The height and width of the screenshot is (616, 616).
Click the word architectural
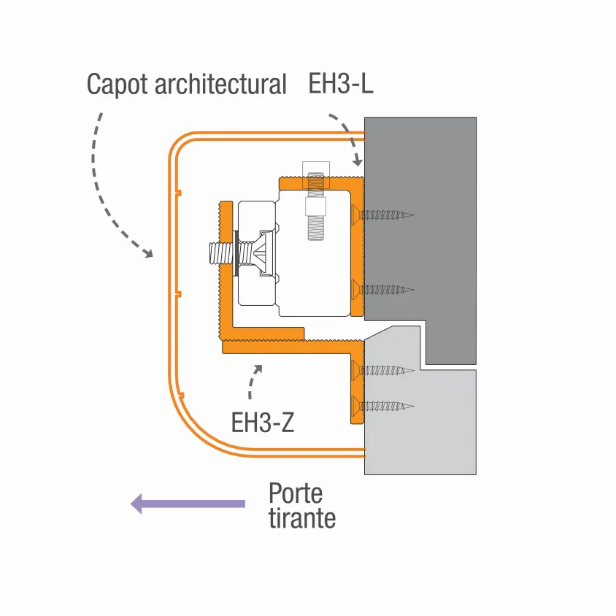(x=221, y=85)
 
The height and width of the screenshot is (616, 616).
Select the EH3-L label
(x=341, y=83)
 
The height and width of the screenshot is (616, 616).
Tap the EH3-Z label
(x=263, y=423)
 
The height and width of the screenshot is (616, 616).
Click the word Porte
(x=296, y=493)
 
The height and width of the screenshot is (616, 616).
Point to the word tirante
(x=302, y=518)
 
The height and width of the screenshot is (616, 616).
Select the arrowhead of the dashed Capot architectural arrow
(x=147, y=253)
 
